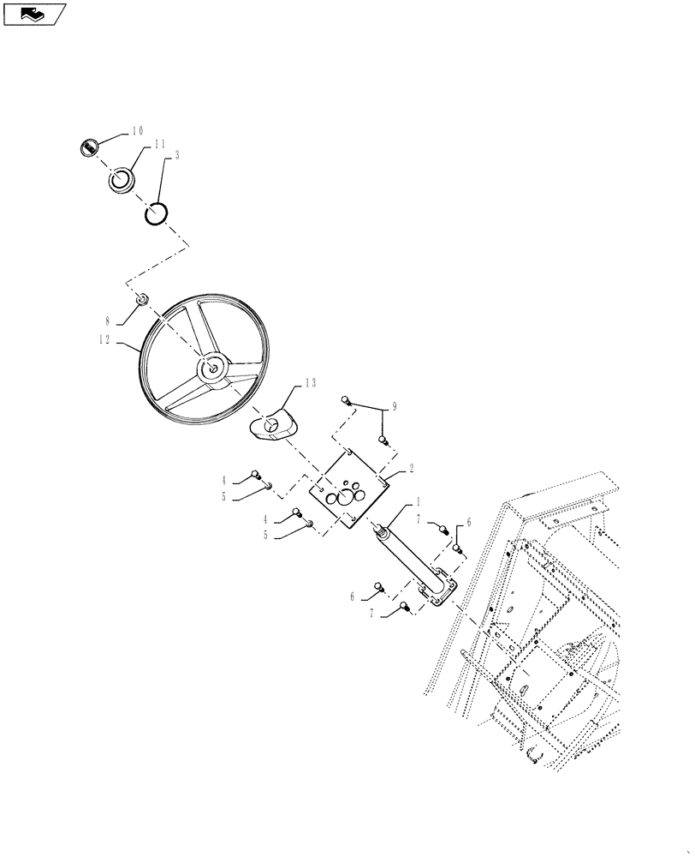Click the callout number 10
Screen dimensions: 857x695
137,131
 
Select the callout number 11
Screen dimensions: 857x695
159,147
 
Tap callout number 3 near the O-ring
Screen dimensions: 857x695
176,155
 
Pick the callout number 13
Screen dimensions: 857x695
309,383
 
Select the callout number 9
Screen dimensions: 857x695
395,405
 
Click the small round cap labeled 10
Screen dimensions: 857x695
86,147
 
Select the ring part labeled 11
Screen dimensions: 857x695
121,179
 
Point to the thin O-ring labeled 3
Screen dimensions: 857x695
155,212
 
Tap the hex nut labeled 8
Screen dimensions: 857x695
143,299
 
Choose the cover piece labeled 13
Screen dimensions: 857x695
272,425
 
